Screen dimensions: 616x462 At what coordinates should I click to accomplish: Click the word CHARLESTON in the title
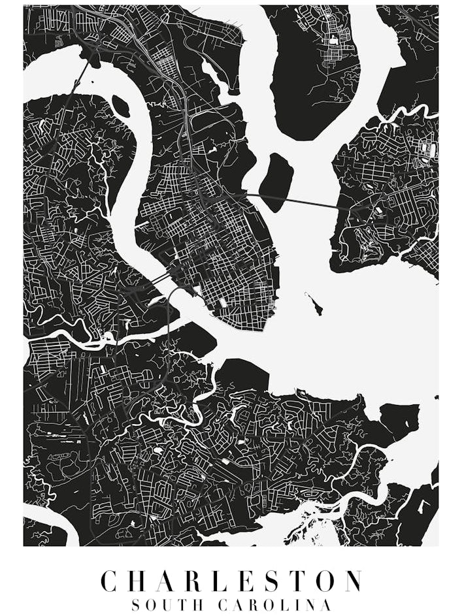pos(231,581)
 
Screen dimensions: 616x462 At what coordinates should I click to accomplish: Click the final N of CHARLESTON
pos(352,581)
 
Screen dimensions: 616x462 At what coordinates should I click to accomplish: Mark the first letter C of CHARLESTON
pos(110,581)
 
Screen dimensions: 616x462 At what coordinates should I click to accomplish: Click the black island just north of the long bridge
pos(276,182)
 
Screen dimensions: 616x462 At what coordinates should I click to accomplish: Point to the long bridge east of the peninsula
pos(294,202)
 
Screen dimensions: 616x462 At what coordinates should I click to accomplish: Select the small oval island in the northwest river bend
pos(120,105)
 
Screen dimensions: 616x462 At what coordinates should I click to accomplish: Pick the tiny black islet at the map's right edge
pos(437,397)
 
